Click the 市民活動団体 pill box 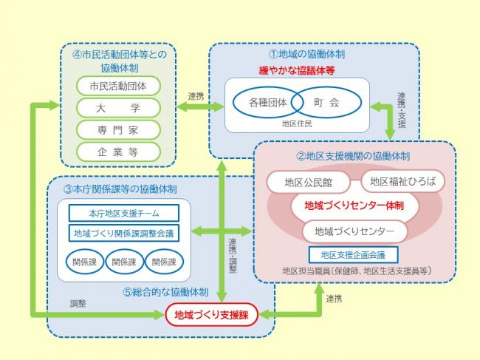tap(118, 86)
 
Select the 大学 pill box tap(118, 107)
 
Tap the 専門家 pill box tap(118, 129)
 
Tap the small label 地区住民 tap(297, 123)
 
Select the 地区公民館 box tap(309, 181)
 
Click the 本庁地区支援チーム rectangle tap(124, 213)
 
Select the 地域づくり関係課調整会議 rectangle tap(124, 233)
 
